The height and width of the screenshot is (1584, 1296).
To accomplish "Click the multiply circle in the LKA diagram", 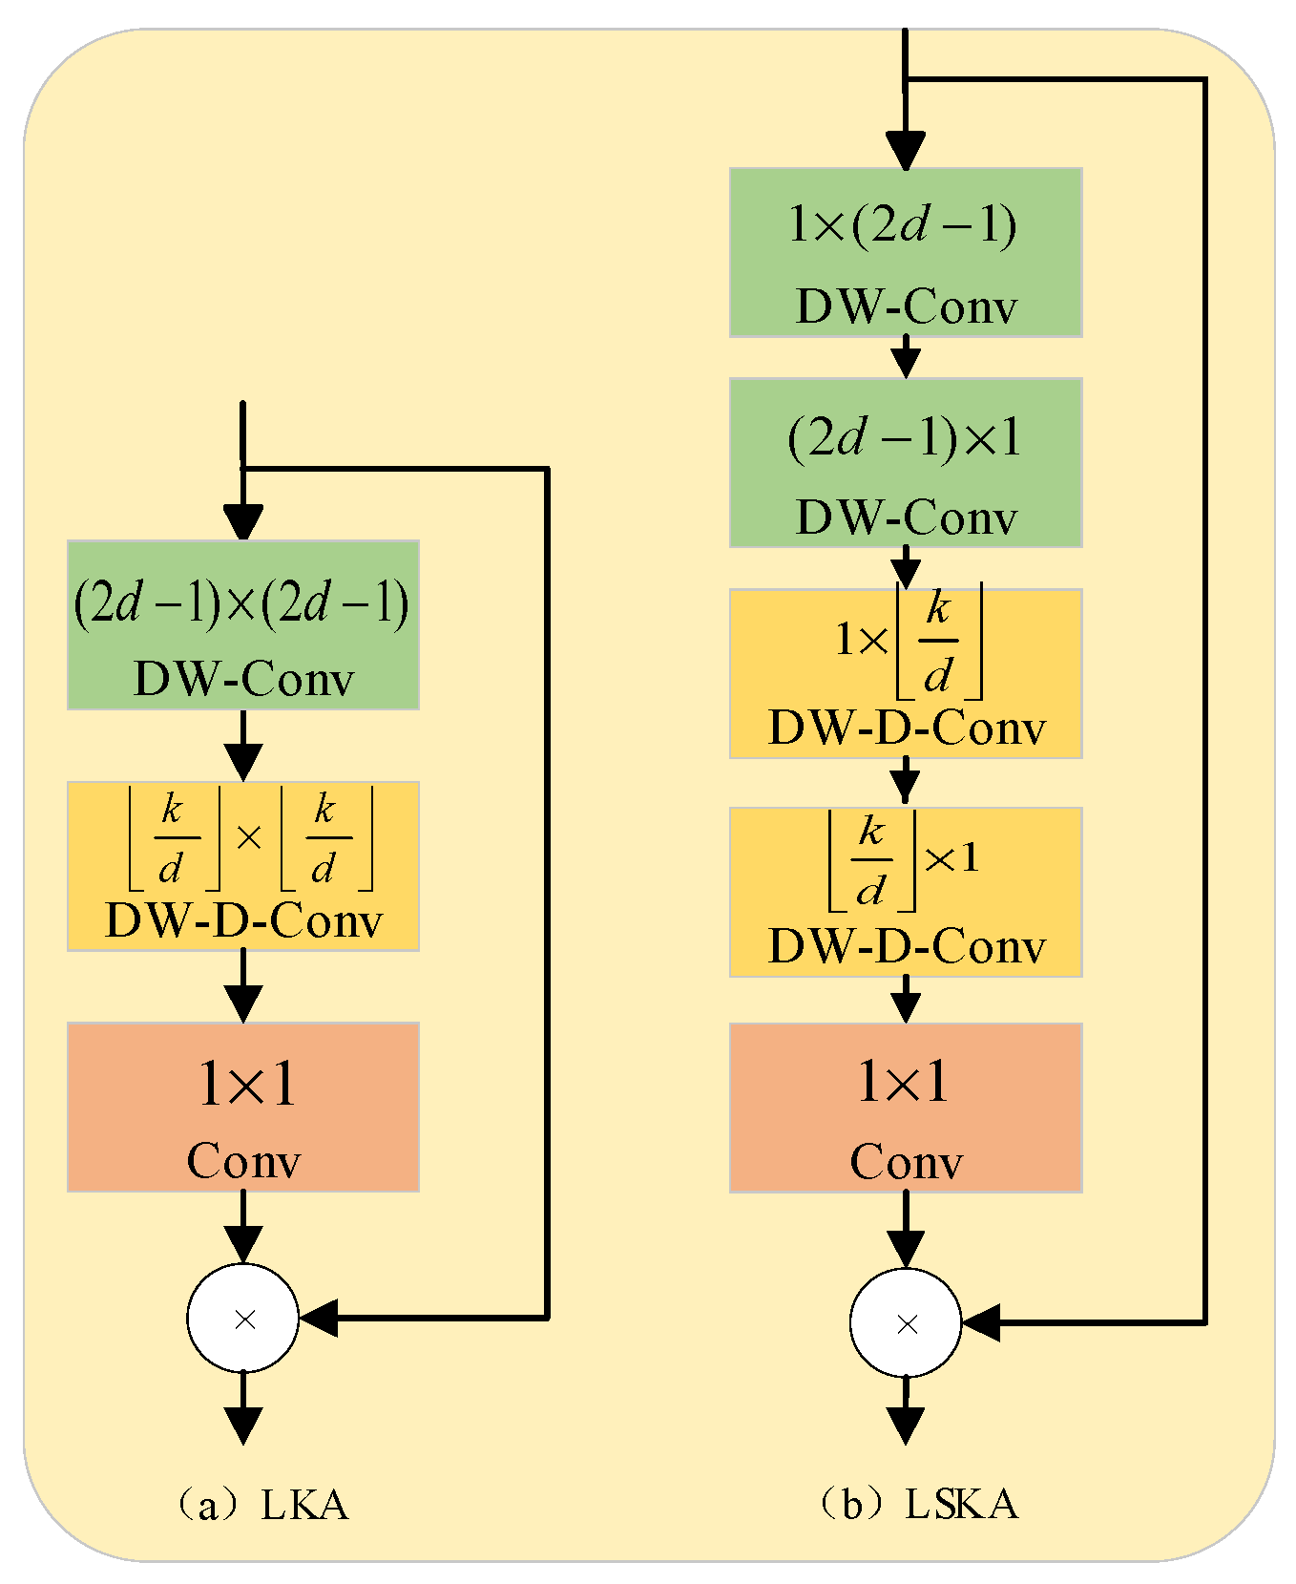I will coord(243,1319).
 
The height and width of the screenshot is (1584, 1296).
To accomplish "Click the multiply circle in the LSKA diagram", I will coord(906,1323).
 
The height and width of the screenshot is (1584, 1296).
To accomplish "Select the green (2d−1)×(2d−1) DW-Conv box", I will coord(243,625).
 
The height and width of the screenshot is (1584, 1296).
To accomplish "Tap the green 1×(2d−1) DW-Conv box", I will coord(906,253).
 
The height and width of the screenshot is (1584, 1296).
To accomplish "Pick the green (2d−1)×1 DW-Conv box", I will coord(906,463).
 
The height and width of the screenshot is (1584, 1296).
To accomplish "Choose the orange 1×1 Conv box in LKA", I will coord(243,1108).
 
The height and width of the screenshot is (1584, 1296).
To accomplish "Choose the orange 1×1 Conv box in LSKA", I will coord(906,1108).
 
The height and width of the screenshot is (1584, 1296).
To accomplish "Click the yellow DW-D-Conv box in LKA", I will coord(243,866).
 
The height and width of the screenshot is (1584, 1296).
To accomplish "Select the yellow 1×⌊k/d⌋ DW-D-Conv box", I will coord(906,674).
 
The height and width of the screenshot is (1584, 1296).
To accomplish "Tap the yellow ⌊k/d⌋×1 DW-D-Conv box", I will coord(906,892).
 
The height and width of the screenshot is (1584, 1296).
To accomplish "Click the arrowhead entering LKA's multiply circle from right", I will coord(319,1319).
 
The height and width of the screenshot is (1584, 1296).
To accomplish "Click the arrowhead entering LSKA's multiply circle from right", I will coord(981,1323).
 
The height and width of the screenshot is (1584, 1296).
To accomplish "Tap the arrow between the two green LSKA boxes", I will coord(906,359).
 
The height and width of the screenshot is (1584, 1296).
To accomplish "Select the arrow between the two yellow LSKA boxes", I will coord(906,784).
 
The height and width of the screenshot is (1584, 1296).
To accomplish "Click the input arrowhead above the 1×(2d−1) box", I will coord(906,151).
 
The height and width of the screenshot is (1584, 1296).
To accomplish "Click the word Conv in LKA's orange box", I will coord(243,1162).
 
